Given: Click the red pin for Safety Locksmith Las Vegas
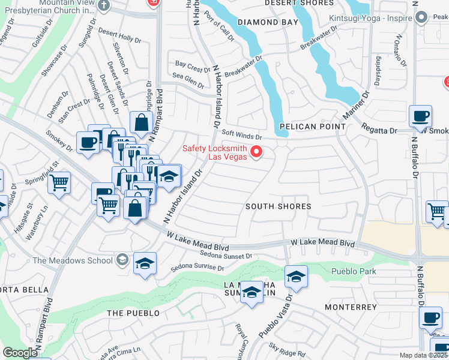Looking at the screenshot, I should pos(256,151).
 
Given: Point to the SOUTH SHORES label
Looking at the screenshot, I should pos(279,206).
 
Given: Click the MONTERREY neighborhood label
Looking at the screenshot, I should pos(351,307).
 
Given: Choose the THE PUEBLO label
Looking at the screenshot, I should pos(133,313).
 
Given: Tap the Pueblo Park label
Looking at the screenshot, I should pos(354,271).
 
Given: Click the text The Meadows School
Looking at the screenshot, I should pos(73,260).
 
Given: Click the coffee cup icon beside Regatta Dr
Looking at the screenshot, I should pos(420,115).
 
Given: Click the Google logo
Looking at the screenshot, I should pos(20,353).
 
